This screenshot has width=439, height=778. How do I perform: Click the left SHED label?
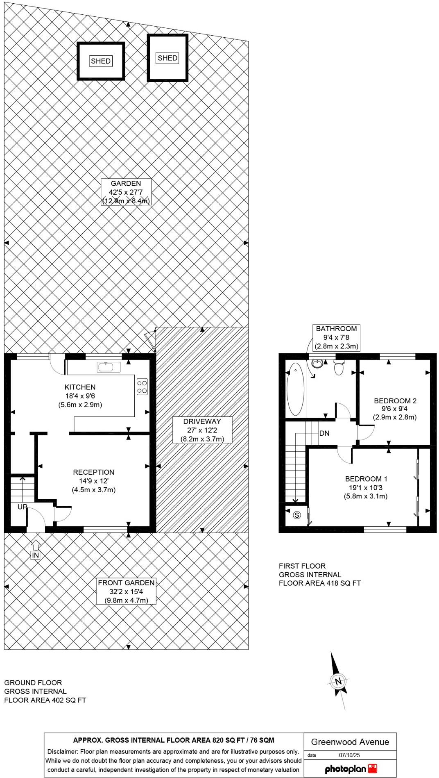(x=101, y=61)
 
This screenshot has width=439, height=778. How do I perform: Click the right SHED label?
(x=167, y=58)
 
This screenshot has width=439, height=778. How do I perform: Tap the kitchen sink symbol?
(x=109, y=367)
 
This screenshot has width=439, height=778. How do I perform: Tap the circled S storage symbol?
(x=297, y=515)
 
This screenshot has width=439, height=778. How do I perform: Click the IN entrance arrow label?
(x=36, y=555)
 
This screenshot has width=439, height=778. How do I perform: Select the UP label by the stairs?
(x=22, y=507)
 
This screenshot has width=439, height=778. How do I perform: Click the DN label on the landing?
(x=324, y=433)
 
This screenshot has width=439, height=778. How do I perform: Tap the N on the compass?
(x=338, y=682)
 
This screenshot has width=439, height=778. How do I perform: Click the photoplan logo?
(x=351, y=769)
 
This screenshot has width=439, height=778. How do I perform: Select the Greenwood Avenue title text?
(x=350, y=742)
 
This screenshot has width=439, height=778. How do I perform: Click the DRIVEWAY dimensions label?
(x=202, y=430)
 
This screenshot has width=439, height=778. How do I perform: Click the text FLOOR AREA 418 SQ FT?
(x=319, y=583)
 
